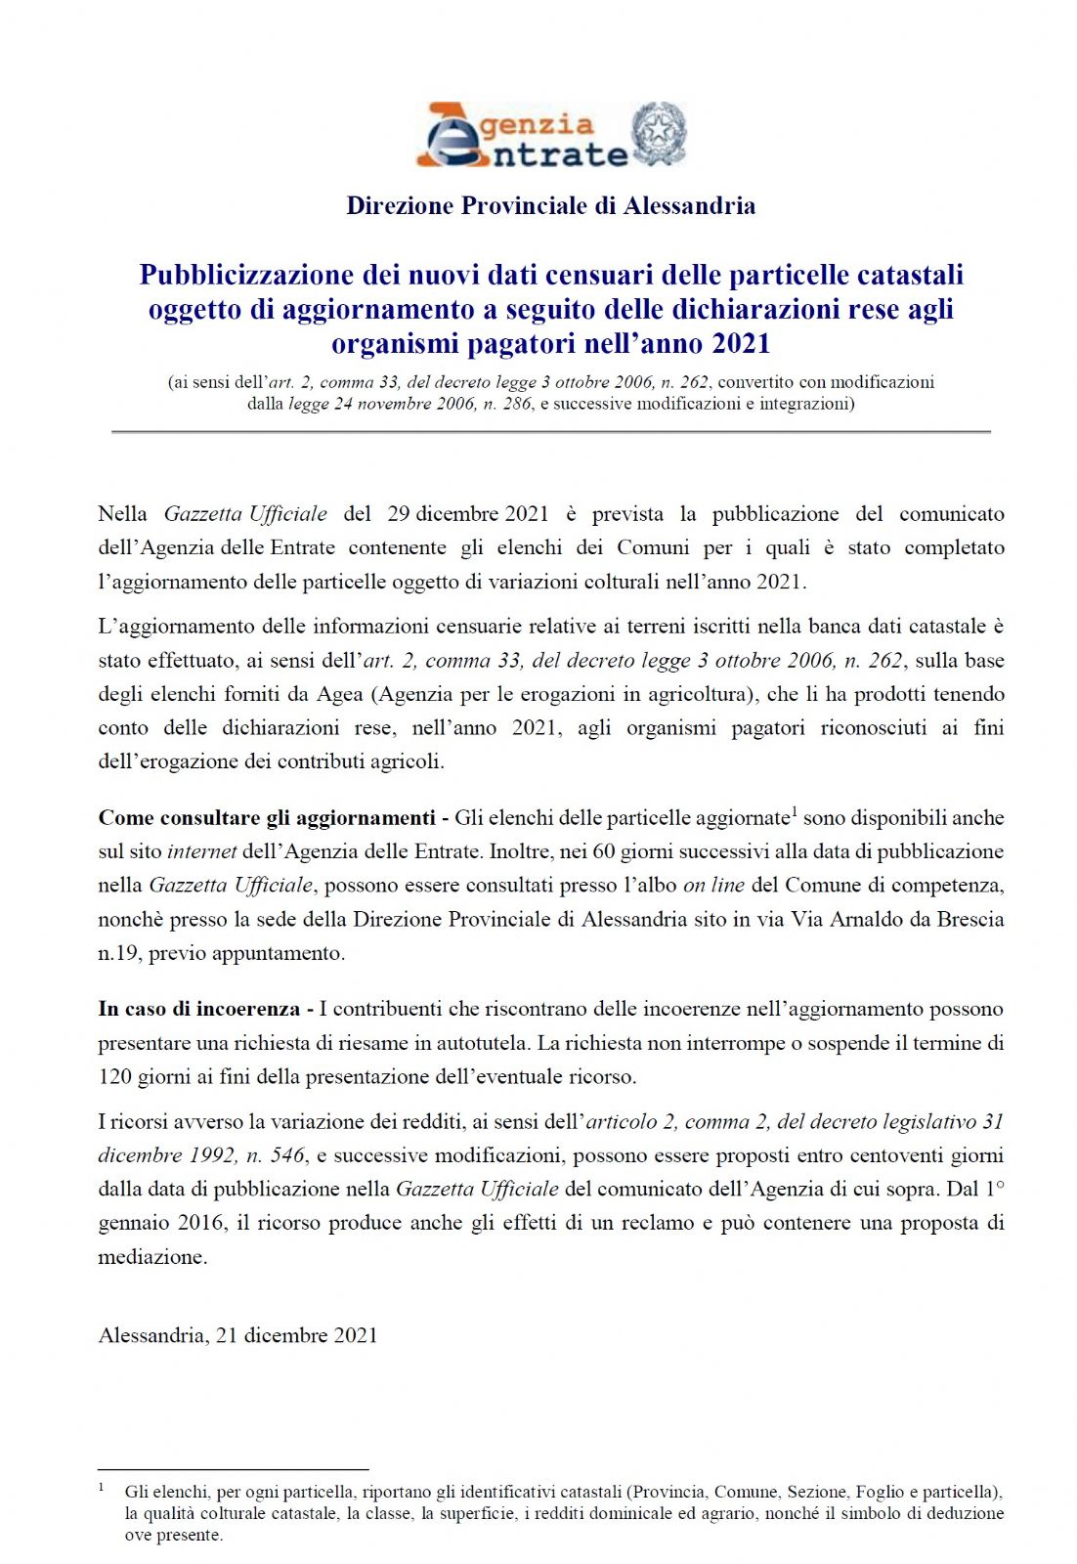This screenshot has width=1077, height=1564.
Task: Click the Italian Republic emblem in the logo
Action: (x=659, y=134)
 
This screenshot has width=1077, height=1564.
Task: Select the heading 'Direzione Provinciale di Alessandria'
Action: (x=550, y=205)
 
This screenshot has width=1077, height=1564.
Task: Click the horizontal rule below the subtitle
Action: (x=550, y=431)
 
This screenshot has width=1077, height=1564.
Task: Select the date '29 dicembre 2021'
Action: (x=467, y=514)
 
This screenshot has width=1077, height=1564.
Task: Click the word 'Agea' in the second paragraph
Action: (x=339, y=694)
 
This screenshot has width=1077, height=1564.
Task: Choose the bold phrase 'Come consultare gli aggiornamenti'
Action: (x=267, y=818)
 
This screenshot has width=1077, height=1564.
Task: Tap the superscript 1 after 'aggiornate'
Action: (x=795, y=811)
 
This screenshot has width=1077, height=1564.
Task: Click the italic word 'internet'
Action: (x=202, y=851)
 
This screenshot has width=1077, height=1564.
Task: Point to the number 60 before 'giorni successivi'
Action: (x=604, y=851)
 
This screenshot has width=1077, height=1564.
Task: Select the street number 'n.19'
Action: (x=117, y=953)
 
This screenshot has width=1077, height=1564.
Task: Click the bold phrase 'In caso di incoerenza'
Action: (x=199, y=1009)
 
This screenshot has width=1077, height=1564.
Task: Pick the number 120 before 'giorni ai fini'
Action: (x=115, y=1077)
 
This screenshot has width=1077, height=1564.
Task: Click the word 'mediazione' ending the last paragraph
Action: (x=151, y=1257)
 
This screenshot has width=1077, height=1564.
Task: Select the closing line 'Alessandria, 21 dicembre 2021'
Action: (x=237, y=1335)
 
